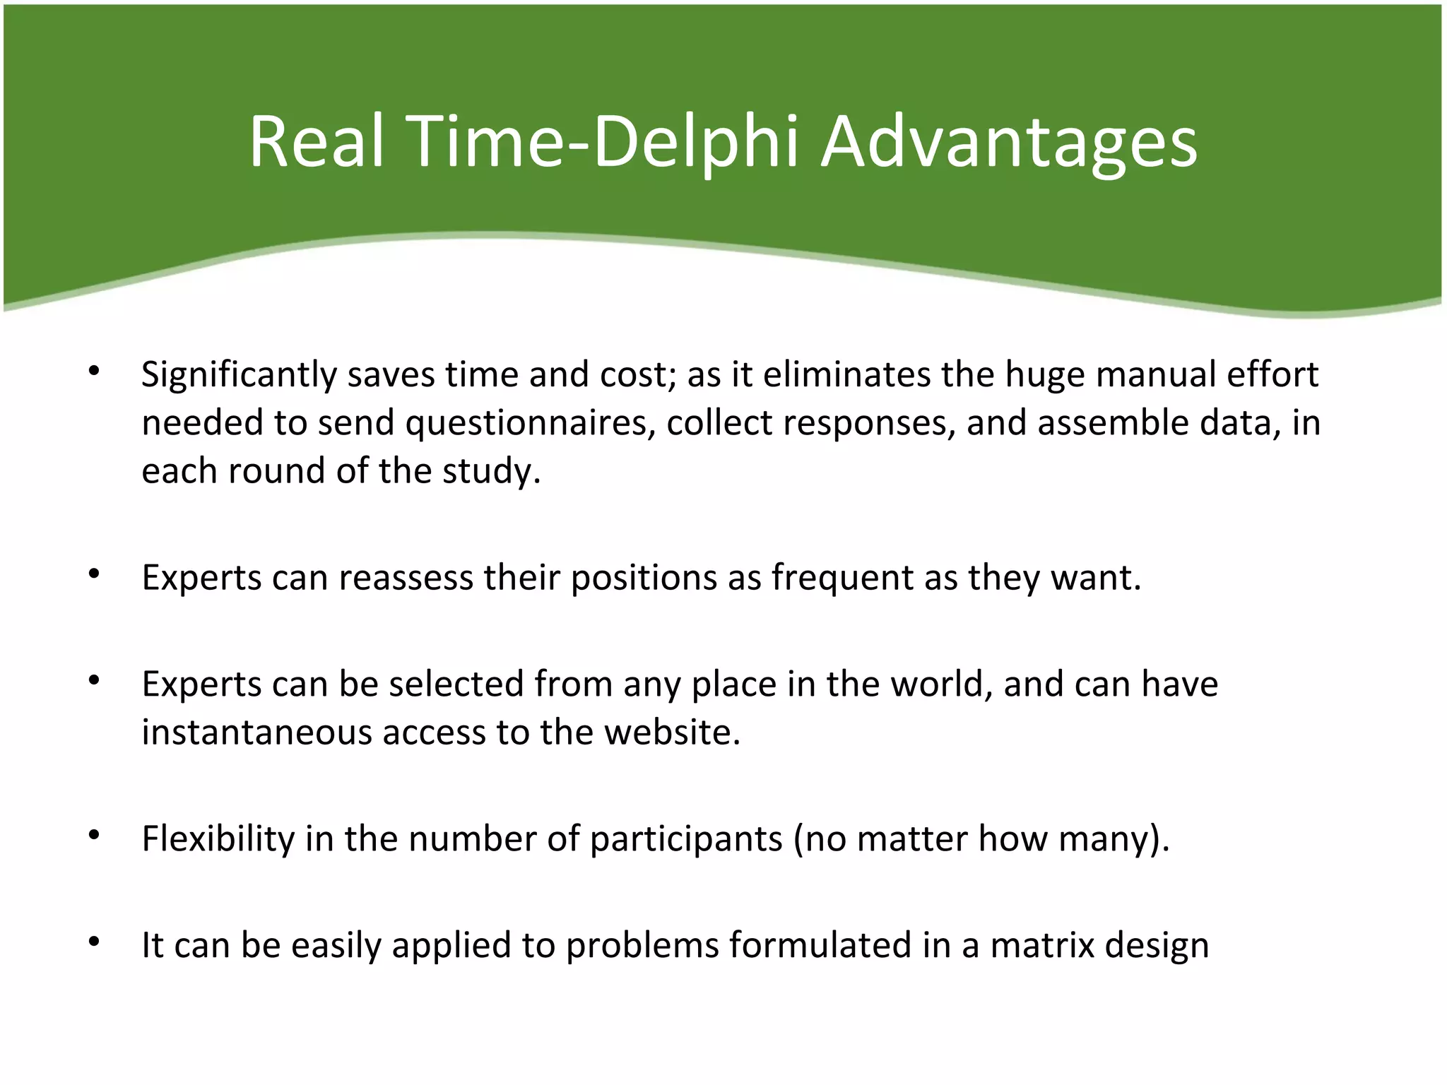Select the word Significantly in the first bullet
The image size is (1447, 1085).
(x=239, y=374)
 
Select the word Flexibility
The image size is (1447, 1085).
(x=218, y=838)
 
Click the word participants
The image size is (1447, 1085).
(x=686, y=838)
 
